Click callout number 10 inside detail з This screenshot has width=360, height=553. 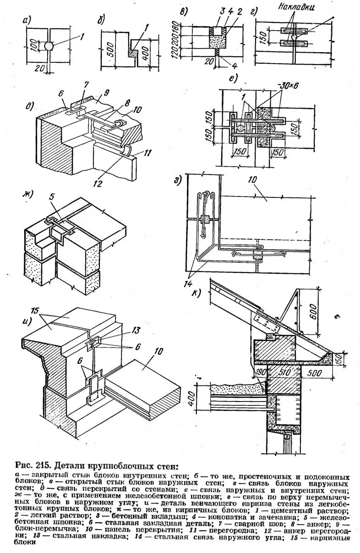pos(254,180)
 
